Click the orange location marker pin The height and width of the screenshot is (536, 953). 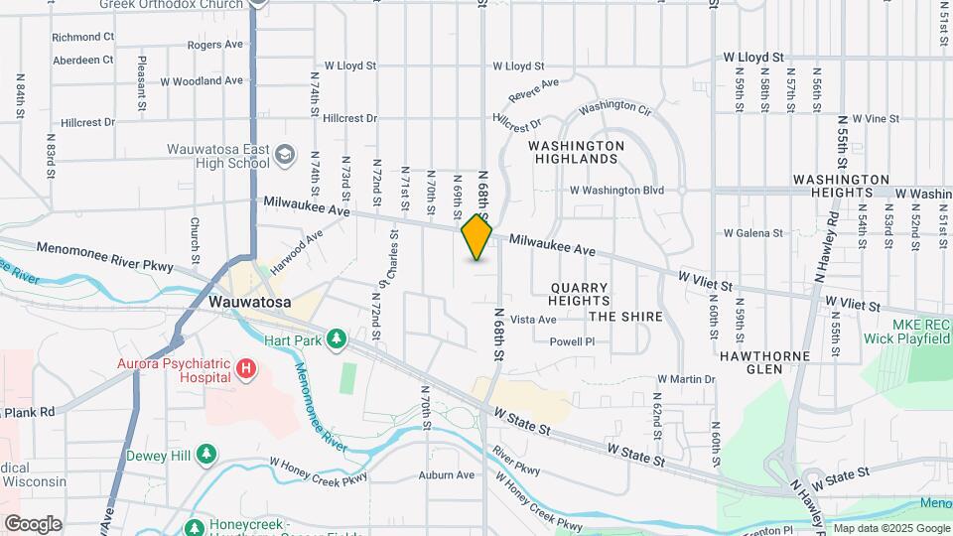[477, 237]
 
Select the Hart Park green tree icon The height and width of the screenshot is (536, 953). [337, 339]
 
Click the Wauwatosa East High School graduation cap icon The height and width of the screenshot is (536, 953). [286, 154]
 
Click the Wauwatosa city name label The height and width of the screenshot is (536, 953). [250, 303]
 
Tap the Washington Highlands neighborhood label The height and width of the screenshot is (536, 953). [576, 152]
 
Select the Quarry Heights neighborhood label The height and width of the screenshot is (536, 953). [579, 293]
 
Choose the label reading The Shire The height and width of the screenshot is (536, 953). [625, 317]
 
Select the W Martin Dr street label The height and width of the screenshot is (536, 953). [686, 379]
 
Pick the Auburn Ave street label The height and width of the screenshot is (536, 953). [446, 474]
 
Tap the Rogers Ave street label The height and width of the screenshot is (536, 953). [215, 45]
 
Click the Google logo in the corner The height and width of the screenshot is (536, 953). [33, 523]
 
